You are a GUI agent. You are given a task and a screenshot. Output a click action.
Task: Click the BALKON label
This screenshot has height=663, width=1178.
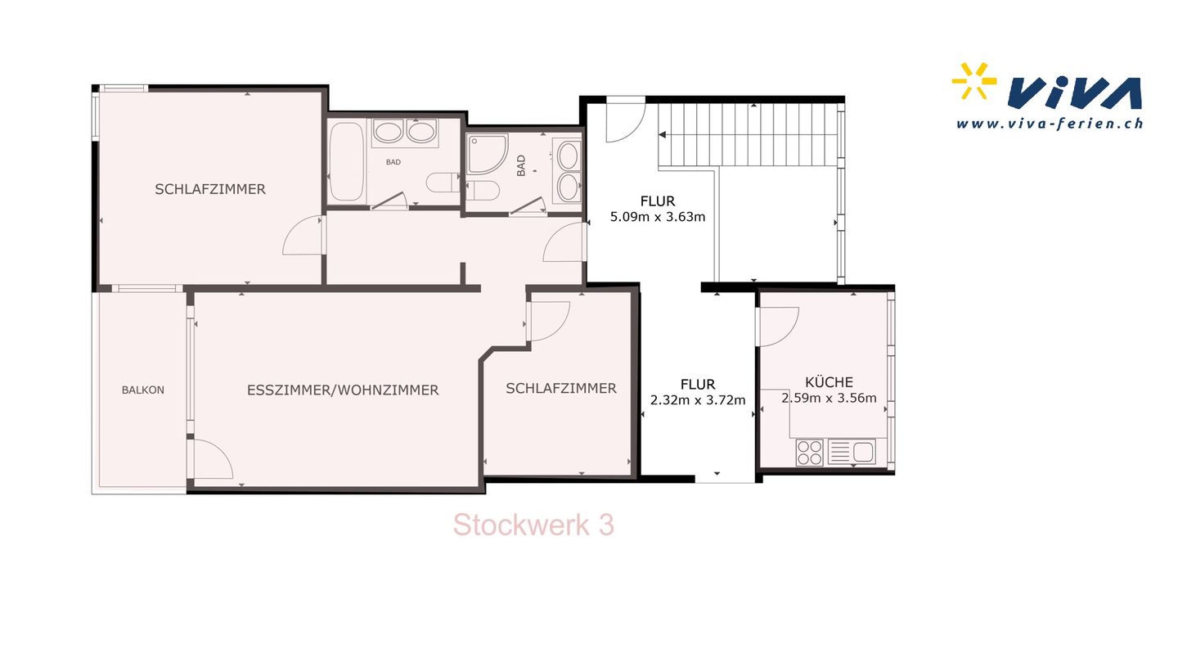tap(142, 390)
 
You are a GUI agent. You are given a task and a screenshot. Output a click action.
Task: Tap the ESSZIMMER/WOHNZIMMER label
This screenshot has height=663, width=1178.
tap(343, 390)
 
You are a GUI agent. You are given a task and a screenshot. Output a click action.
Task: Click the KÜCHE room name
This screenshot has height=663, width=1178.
tap(829, 381)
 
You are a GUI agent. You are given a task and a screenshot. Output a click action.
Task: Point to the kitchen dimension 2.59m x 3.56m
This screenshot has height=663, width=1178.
tap(829, 398)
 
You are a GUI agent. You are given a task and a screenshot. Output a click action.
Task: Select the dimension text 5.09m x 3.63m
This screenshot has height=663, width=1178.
tap(658, 217)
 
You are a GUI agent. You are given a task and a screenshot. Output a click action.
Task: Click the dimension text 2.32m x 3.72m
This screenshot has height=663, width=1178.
tap(698, 400)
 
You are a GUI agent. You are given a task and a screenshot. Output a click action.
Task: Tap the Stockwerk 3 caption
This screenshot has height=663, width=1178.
tap(533, 525)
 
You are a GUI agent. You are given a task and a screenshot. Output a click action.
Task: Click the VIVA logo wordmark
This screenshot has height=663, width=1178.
tap(1074, 94)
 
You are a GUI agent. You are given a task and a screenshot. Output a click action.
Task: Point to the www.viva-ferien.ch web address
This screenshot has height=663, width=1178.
tap(1050, 124)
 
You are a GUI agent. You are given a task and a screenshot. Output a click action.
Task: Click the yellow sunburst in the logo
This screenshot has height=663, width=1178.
tap(974, 80)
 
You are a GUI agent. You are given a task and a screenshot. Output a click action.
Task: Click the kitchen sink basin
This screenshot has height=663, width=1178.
tap(863, 452)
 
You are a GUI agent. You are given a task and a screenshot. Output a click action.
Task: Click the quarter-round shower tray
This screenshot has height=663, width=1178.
tap(487, 154)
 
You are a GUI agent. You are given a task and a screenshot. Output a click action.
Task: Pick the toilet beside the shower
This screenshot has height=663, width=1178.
tap(483, 191)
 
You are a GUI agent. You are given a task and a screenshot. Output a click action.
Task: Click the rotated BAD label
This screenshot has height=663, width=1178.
tap(520, 165)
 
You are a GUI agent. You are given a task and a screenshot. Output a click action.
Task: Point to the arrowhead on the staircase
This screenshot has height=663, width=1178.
tap(663, 135)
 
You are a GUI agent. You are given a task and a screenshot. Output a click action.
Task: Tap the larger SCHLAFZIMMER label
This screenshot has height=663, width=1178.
tap(209, 189)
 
